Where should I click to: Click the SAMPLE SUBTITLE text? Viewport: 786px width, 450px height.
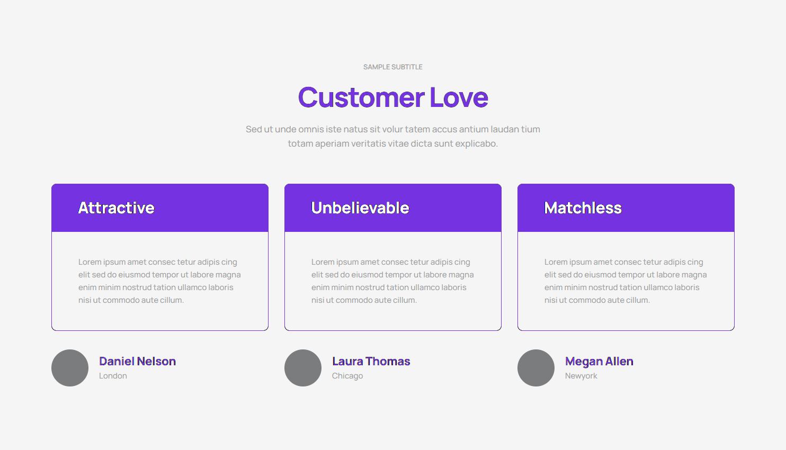point(392,67)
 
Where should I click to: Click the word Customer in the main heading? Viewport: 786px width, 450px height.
point(361,97)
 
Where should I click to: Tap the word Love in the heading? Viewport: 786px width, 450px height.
point(459,97)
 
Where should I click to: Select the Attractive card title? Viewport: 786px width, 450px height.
point(116,208)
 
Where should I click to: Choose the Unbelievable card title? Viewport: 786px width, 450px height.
point(360,208)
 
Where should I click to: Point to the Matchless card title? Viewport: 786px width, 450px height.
point(583,208)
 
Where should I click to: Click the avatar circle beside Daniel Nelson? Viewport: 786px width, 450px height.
point(70,368)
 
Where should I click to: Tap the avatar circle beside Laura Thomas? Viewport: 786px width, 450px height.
point(303,368)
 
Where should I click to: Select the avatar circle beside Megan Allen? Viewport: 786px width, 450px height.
point(536,368)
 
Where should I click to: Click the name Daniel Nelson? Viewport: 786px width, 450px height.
point(137,361)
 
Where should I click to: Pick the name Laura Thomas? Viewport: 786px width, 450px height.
point(371,361)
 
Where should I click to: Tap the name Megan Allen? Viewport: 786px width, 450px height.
point(599,362)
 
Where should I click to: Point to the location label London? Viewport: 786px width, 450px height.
point(113,376)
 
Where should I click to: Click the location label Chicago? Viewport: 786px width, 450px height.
point(347,376)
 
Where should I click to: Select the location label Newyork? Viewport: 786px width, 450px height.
point(581,376)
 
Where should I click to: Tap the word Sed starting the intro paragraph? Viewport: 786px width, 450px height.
point(254,129)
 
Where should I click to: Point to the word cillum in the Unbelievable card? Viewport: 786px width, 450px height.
point(406,300)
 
